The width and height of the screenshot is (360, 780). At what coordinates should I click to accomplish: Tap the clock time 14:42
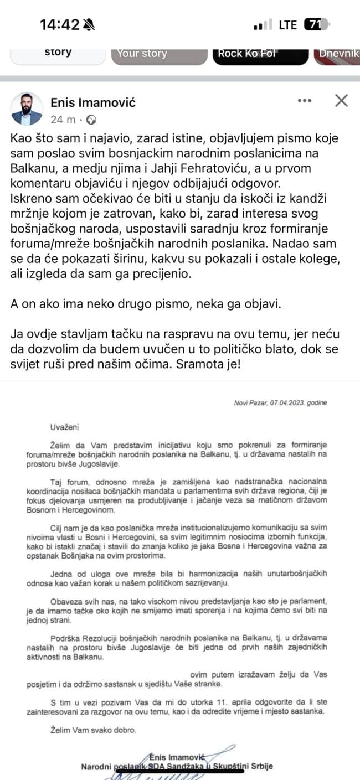pyautogui.click(x=60, y=24)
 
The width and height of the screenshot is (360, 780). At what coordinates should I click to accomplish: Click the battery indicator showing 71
pyautogui.click(x=315, y=24)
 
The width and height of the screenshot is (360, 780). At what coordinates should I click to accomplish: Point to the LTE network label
pyautogui.click(x=287, y=24)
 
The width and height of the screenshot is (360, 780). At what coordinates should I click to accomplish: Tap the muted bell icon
pyautogui.click(x=88, y=24)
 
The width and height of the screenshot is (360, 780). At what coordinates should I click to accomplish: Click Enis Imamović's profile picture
pyautogui.click(x=27, y=109)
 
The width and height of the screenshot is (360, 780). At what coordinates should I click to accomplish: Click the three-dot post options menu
pyautogui.click(x=305, y=101)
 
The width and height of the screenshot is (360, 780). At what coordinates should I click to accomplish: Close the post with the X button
pyautogui.click(x=341, y=101)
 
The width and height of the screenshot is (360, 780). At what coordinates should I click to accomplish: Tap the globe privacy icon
pyautogui.click(x=92, y=119)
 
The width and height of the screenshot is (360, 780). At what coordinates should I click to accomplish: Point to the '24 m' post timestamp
pyautogui.click(x=63, y=119)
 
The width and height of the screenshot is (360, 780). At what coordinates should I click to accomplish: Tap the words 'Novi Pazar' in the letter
pyautogui.click(x=248, y=402)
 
